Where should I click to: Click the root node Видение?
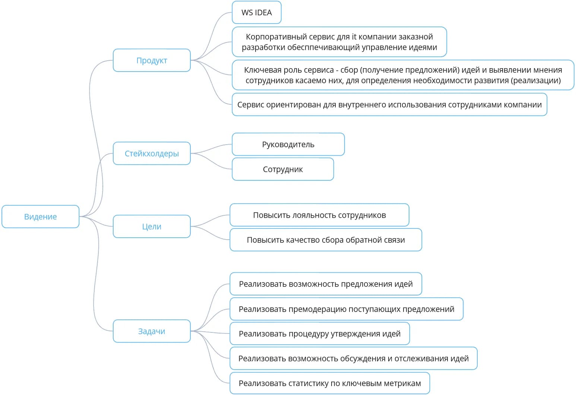click(x=40, y=217)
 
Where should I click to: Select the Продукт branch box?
click(x=152, y=60)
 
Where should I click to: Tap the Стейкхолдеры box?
click(x=152, y=153)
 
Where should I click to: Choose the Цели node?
click(x=152, y=226)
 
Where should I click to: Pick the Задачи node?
click(x=152, y=331)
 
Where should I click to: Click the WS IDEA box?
click(x=257, y=12)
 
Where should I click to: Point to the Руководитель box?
click(x=288, y=144)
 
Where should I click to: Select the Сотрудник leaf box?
click(x=283, y=169)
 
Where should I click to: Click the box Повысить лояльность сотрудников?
click(x=319, y=215)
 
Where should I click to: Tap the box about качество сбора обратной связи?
click(x=326, y=240)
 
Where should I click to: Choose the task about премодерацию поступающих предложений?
click(x=346, y=309)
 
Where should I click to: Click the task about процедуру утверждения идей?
click(x=320, y=334)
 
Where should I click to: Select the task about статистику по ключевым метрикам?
click(x=330, y=383)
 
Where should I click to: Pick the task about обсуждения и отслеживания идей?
click(x=354, y=358)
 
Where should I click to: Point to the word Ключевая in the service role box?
click(x=259, y=70)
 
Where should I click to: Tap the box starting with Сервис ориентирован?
click(x=390, y=104)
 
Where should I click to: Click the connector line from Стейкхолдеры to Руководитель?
click(x=211, y=148)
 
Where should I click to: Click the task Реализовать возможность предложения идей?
click(x=326, y=284)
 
